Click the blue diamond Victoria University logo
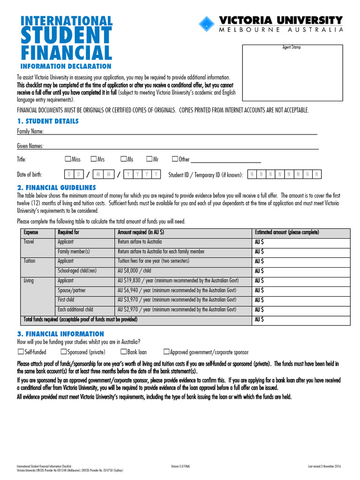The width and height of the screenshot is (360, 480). pyautogui.click(x=206, y=23)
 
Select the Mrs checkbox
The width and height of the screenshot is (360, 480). pyautogui.click(x=93, y=159)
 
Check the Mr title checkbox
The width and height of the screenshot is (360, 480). pyautogui.click(x=149, y=159)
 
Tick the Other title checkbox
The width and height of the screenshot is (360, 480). pyautogui.click(x=175, y=159)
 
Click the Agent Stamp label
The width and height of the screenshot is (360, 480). pyautogui.click(x=292, y=47)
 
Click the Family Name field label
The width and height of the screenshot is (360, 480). pyautogui.click(x=30, y=131)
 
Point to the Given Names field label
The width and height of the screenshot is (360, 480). pyautogui.click(x=30, y=146)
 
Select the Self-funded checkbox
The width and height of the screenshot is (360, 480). pyautogui.click(x=20, y=352)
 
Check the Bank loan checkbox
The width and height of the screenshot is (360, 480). pyautogui.click(x=124, y=352)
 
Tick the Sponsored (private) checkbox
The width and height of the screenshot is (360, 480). pyautogui.click(x=63, y=352)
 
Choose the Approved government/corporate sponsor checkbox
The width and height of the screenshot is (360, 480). pyautogui.click(x=166, y=352)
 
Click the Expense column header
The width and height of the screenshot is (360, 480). pyautogui.click(x=31, y=232)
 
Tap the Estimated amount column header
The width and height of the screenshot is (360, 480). pyautogui.click(x=287, y=232)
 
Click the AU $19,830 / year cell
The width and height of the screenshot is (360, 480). pyautogui.click(x=178, y=280)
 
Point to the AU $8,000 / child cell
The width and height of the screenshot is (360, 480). pyautogui.click(x=134, y=271)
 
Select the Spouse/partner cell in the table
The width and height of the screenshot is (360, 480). pyautogui.click(x=71, y=291)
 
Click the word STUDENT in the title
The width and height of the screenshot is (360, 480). pyautogui.click(x=64, y=36)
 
